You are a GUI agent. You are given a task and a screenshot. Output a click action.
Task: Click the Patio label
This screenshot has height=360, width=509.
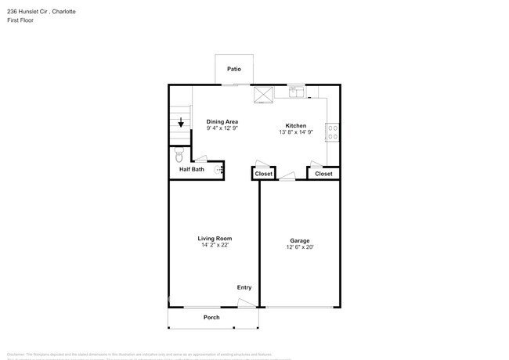(x=234, y=69)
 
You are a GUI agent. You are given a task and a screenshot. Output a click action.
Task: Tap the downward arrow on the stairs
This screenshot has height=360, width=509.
(x=181, y=123)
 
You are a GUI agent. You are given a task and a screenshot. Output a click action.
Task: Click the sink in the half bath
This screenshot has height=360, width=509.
(x=219, y=169)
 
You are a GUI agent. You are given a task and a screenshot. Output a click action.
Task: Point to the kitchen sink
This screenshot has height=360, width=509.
(x=296, y=92)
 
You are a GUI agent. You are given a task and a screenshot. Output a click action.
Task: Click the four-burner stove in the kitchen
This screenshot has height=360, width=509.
(x=332, y=132)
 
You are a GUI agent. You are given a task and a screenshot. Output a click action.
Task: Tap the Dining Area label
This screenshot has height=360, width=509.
(x=222, y=121)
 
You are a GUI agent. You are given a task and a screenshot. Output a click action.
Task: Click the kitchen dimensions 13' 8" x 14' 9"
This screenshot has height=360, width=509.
(x=296, y=132)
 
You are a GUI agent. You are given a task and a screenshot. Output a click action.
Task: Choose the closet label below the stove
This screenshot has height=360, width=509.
(x=323, y=174)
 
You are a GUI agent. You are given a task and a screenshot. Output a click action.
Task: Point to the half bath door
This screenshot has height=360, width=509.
(x=201, y=160)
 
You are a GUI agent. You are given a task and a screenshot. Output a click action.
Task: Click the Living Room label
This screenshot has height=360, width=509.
(x=214, y=238)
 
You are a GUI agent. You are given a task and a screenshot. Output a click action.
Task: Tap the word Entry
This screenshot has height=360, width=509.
(x=244, y=288)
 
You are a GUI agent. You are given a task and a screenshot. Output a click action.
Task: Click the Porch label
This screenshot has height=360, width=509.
(x=211, y=317)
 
